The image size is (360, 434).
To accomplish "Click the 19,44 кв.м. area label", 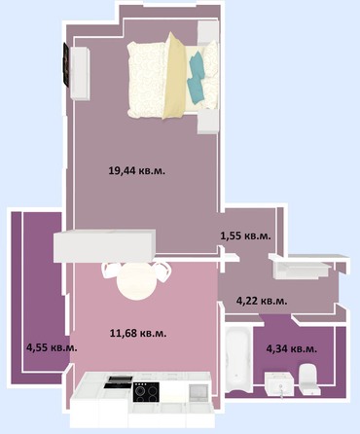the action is pyautogui.click(x=137, y=170).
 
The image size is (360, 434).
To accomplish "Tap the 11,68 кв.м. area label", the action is pyautogui.click(x=138, y=333).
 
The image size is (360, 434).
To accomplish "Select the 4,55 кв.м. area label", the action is pyautogui.click(x=52, y=347).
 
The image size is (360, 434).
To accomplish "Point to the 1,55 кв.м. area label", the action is pyautogui.click(x=245, y=235).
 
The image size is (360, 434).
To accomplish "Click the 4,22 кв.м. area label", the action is pyautogui.click(x=262, y=301).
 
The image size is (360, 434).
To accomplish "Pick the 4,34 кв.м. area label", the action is pyautogui.click(x=292, y=348).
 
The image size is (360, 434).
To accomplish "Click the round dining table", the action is pyautogui.click(x=136, y=281).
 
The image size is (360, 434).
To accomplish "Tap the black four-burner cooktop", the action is pyautogui.click(x=146, y=392).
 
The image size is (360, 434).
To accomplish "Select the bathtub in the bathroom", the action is pyautogui.click(x=238, y=357).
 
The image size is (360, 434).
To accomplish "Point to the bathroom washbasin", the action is pyautogui.click(x=279, y=384).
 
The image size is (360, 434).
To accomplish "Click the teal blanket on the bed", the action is pyautogui.click(x=196, y=80).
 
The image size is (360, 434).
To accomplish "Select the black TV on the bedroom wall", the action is pyautogui.click(x=66, y=65).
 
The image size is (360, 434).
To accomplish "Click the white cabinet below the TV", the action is pyautogui.click(x=80, y=73).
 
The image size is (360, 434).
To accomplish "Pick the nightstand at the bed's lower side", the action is pyautogui.click(x=207, y=121).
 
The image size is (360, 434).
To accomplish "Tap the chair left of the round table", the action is pyautogui.click(x=110, y=271).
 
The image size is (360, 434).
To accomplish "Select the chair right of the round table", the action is pyautogui.click(x=162, y=271).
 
